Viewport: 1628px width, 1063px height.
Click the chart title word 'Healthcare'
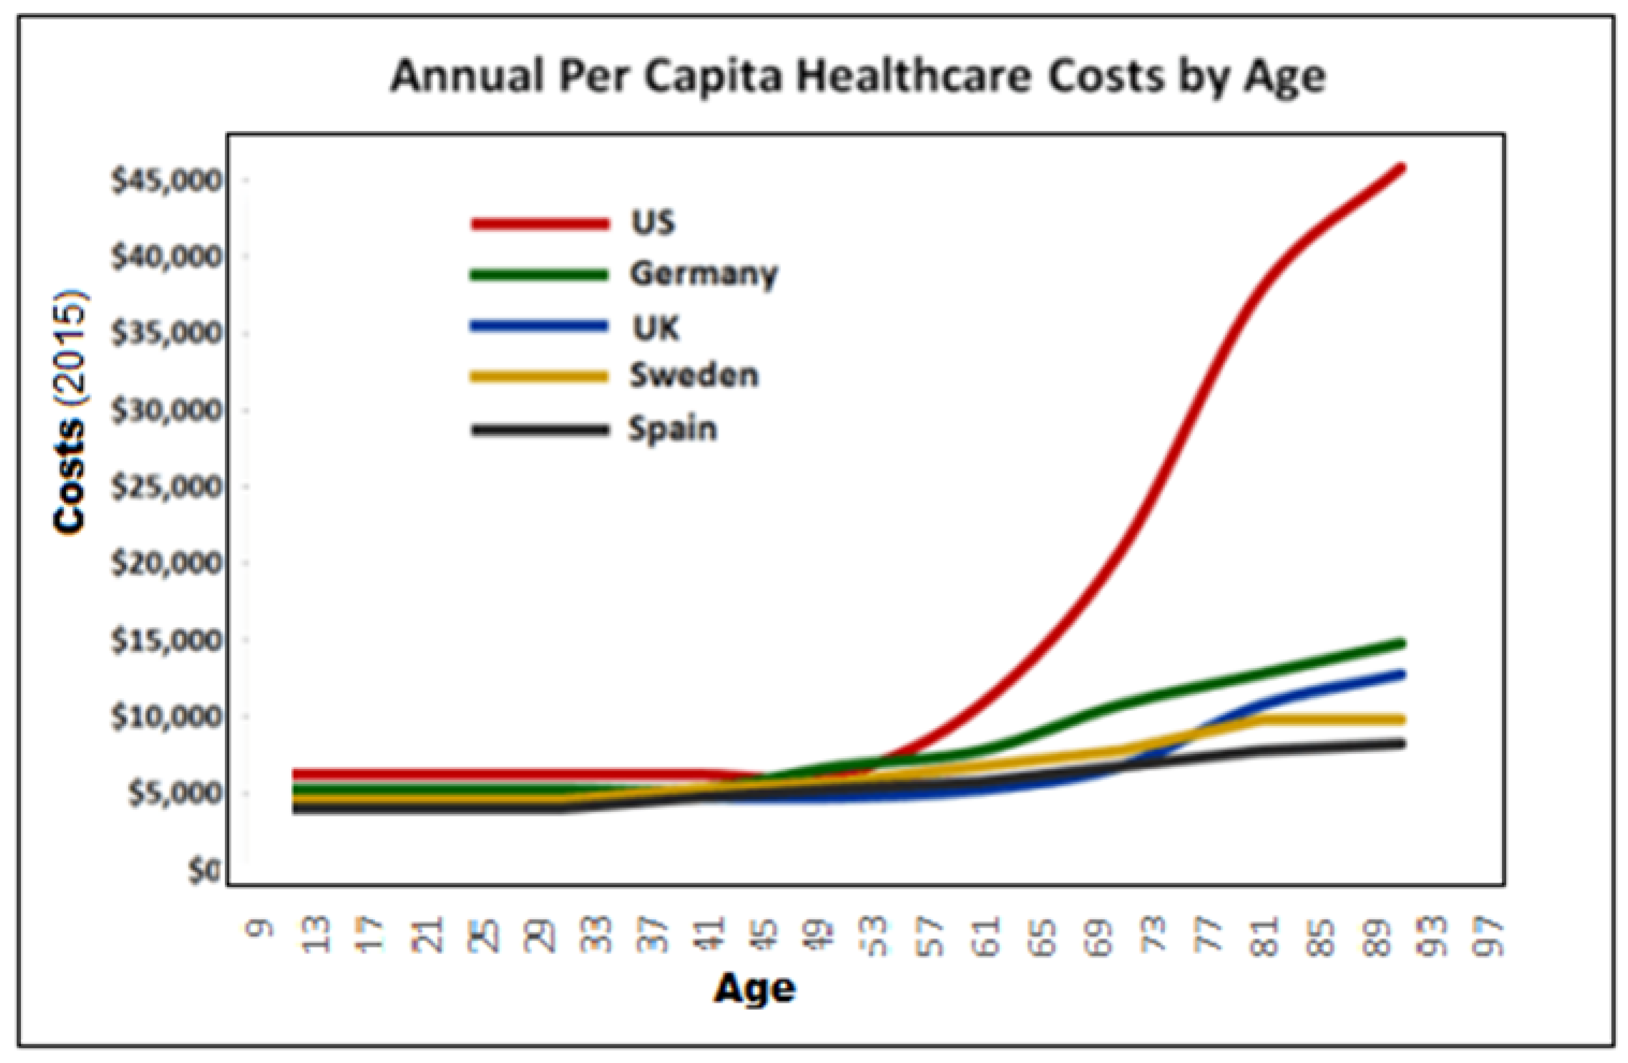912,76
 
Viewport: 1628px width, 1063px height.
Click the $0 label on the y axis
203,871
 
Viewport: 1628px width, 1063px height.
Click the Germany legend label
703,274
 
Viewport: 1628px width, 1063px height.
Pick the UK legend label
656,328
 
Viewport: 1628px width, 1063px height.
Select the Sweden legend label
693,376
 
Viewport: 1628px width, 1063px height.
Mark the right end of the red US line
1401,167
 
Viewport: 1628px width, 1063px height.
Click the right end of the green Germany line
1401,643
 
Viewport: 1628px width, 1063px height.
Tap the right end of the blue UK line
1401,675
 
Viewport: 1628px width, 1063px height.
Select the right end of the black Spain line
1401,744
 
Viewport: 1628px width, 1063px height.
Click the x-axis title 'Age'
755,988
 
